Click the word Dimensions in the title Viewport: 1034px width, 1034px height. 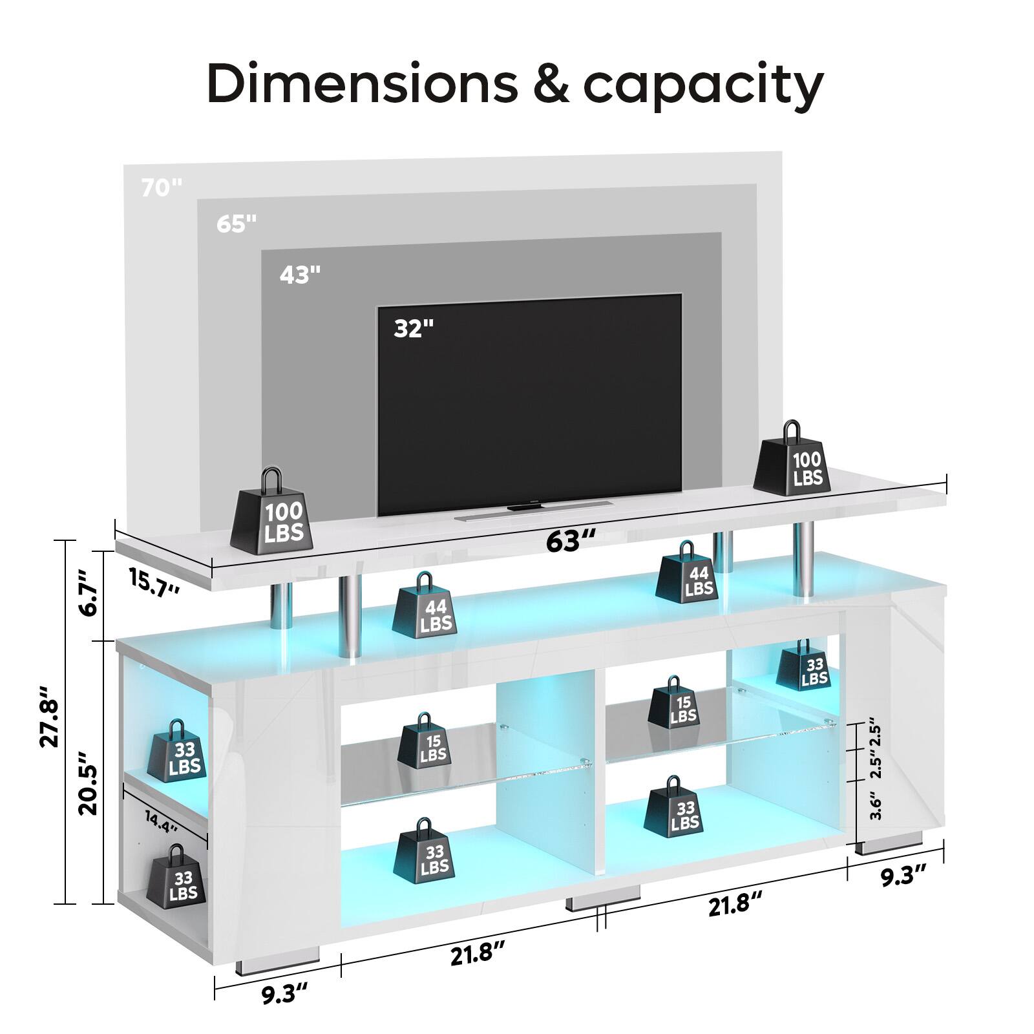[363, 84]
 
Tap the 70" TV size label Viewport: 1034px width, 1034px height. [162, 188]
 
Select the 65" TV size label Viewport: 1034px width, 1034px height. [237, 224]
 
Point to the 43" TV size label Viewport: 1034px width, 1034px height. [300, 275]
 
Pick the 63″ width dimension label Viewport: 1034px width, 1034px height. [570, 540]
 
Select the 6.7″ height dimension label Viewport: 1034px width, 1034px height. [87, 592]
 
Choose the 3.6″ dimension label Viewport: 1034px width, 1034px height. [876, 806]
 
